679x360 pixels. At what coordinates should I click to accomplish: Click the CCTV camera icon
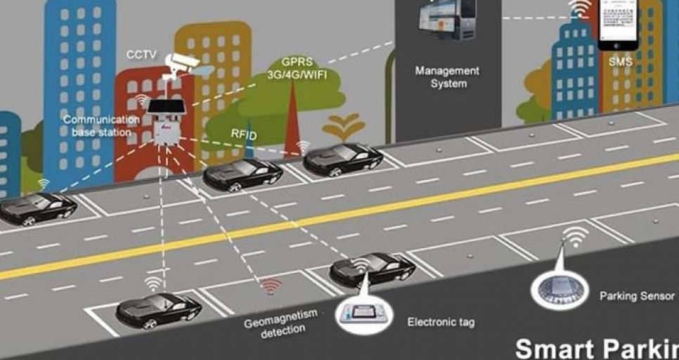[x=181, y=65]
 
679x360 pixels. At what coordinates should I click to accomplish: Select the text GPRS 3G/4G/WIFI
[x=298, y=69]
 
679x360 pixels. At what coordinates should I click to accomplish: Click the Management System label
[x=448, y=77]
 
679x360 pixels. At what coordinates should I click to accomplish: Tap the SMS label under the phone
[x=621, y=62]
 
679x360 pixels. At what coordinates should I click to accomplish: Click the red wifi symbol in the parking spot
[x=271, y=286]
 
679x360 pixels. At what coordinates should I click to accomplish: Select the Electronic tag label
[x=441, y=323]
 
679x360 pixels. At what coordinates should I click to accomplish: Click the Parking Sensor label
[x=637, y=296]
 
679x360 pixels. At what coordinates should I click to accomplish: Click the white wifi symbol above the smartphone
[x=580, y=8]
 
